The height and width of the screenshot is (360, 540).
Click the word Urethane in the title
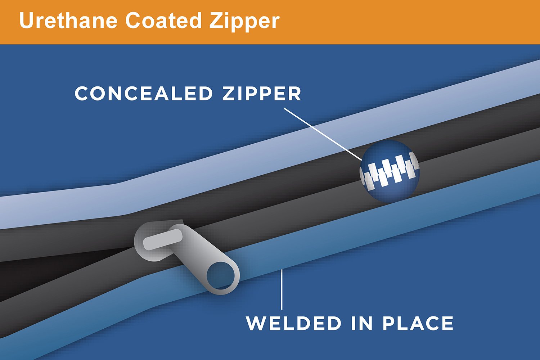pos(68,21)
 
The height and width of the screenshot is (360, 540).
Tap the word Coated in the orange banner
pos(163,21)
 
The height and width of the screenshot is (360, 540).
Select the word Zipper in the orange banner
pos(244,22)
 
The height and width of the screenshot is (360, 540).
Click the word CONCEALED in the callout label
pos(144,93)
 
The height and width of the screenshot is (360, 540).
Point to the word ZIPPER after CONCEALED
pos(262,93)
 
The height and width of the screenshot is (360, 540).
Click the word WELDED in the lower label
pos(293,323)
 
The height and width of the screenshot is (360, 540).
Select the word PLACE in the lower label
pos(418,323)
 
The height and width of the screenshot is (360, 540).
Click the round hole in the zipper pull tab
pos(221,276)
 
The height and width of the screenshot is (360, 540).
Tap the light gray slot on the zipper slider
pos(162,239)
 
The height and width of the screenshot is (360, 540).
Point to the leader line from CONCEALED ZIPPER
pos(323,134)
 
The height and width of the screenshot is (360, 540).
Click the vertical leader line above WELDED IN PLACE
pos(282,289)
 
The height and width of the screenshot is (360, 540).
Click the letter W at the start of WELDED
pos(256,323)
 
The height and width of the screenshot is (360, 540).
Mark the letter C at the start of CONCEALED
pos(82,93)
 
